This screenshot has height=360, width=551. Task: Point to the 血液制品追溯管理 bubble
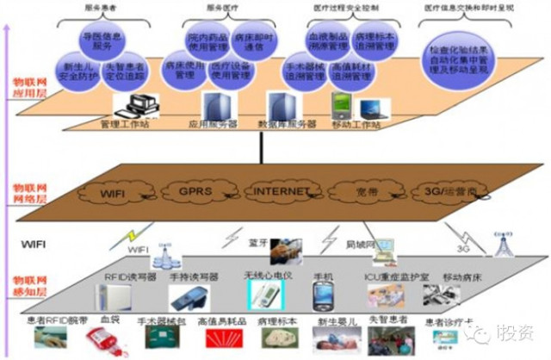(x=322, y=43)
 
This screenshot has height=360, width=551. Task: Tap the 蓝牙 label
(x=257, y=232)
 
